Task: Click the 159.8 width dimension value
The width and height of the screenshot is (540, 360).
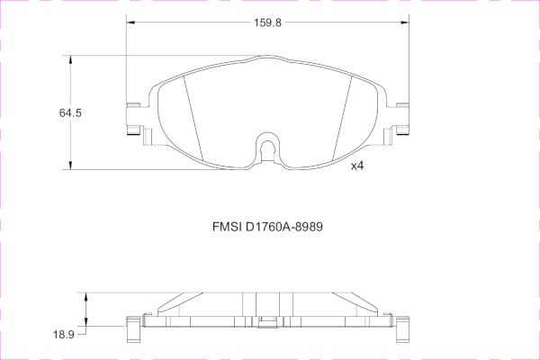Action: (x=267, y=22)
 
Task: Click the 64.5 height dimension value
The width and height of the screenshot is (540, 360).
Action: (x=70, y=112)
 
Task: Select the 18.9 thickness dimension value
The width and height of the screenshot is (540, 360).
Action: (x=64, y=334)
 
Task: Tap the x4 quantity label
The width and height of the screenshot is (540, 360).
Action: (x=357, y=166)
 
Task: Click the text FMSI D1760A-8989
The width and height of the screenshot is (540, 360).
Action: (x=267, y=227)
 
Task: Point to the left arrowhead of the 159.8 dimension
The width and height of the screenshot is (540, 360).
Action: (x=130, y=22)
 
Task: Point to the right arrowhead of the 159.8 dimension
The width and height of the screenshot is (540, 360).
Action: (x=405, y=22)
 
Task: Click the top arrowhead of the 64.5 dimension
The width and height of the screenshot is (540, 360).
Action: (x=70, y=59)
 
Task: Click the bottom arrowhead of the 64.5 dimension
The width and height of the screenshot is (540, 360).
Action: (x=70, y=166)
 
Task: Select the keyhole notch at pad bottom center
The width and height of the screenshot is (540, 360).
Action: (x=267, y=148)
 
